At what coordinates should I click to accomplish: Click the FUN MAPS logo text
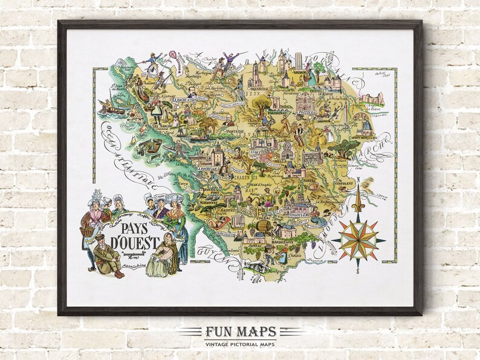(240, 332)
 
